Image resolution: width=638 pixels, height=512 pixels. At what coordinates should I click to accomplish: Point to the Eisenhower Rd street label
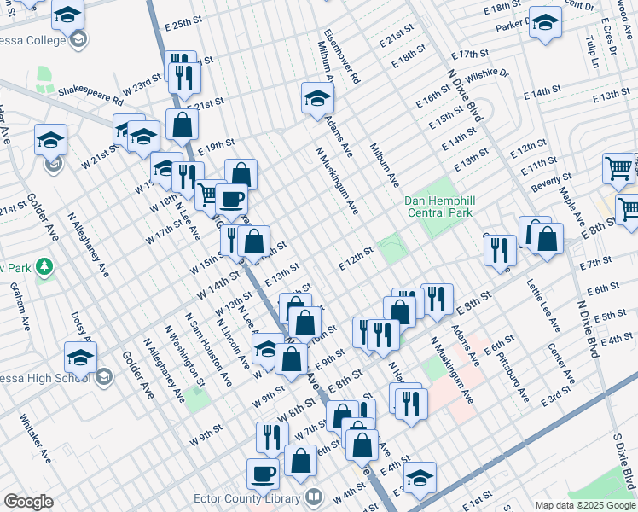(341, 58)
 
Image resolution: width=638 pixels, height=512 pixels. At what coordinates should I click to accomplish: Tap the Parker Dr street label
(514, 26)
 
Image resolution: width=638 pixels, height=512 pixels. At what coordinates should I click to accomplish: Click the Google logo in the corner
(28, 502)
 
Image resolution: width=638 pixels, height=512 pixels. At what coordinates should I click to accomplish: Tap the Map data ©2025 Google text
(584, 505)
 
